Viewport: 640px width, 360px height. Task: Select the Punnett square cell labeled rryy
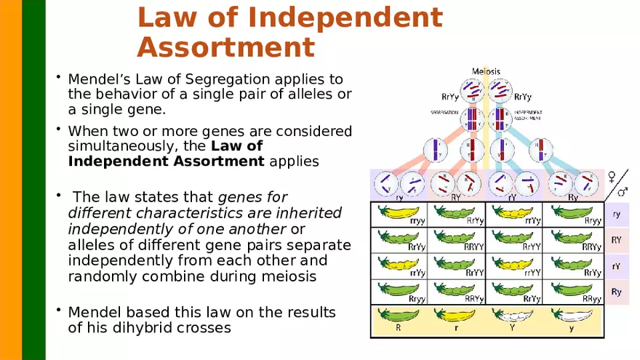pyautogui.click(x=399, y=216)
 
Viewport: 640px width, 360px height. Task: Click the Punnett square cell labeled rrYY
pyautogui.click(x=514, y=266)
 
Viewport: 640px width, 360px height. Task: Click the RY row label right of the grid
pyautogui.click(x=617, y=239)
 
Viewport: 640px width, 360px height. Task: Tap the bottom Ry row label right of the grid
pyautogui.click(x=617, y=292)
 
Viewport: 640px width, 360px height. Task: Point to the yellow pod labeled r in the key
pyautogui.click(x=456, y=316)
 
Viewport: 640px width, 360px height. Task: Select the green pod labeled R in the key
pyautogui.click(x=399, y=316)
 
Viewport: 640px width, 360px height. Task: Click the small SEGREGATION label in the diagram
pyautogui.click(x=444, y=113)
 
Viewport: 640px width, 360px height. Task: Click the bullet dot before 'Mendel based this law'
pyautogui.click(x=58, y=311)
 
